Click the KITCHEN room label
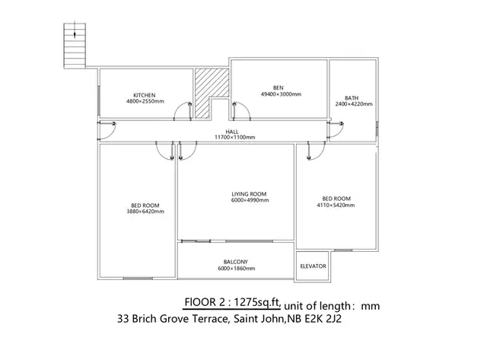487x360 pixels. point(144,95)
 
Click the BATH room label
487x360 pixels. point(352,97)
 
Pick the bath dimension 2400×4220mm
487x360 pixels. point(354,105)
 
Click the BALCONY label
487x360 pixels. point(236,262)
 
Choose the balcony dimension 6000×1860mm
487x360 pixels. point(236,269)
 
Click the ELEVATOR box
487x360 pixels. point(312,266)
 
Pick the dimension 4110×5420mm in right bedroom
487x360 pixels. point(336,205)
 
